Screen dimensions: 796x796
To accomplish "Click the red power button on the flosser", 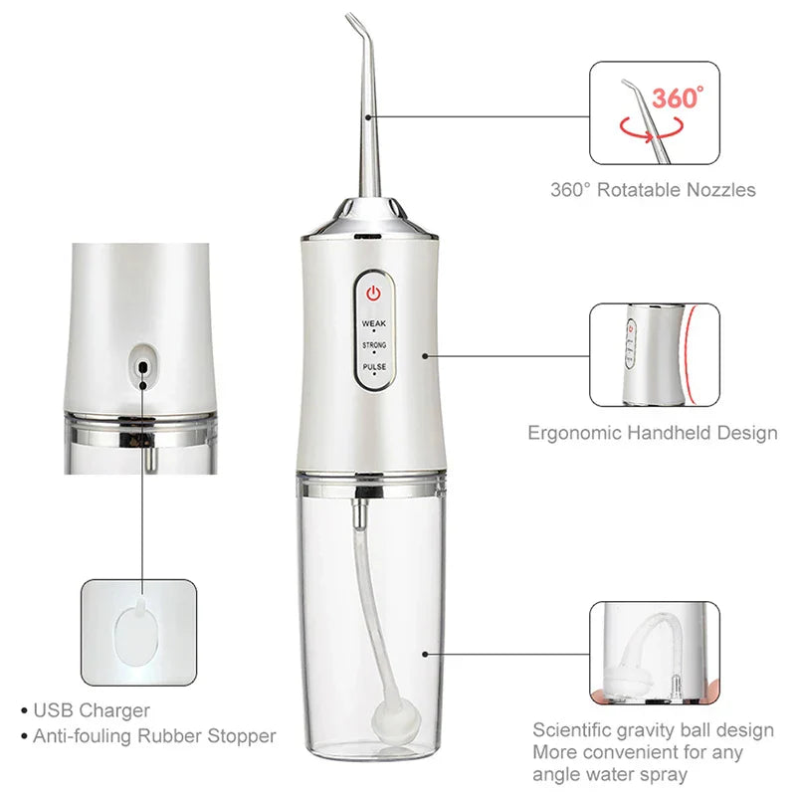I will pyautogui.click(x=374, y=294).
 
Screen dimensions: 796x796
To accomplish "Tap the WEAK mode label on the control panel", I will pyautogui.click(x=374, y=324).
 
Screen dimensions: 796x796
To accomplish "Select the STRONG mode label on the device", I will pyautogui.click(x=374, y=345).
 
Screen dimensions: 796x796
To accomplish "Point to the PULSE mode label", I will pyautogui.click(x=374, y=366).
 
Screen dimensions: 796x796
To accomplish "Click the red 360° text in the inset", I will pyautogui.click(x=678, y=98).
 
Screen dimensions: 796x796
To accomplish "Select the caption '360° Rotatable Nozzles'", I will pyautogui.click(x=653, y=189).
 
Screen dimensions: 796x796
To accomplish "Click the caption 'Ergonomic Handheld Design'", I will pyautogui.click(x=652, y=433).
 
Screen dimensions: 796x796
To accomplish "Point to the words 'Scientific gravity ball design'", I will pyautogui.click(x=653, y=730).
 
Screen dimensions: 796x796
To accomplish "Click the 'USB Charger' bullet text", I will pyautogui.click(x=92, y=710).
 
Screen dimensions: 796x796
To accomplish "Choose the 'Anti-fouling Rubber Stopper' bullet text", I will pyautogui.click(x=155, y=736).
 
